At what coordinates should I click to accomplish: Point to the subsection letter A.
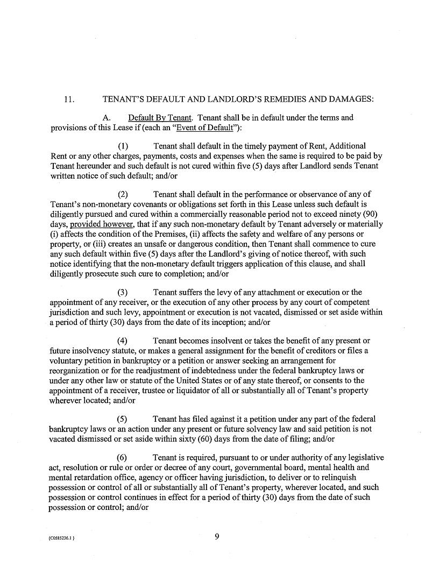click(106, 118)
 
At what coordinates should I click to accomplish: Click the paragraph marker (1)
click(123, 146)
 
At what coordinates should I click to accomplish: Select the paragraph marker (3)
click(123, 293)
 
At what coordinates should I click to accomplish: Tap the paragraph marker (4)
click(123, 341)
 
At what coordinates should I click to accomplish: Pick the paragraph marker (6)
click(123, 458)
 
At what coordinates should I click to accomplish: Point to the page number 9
click(216, 536)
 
